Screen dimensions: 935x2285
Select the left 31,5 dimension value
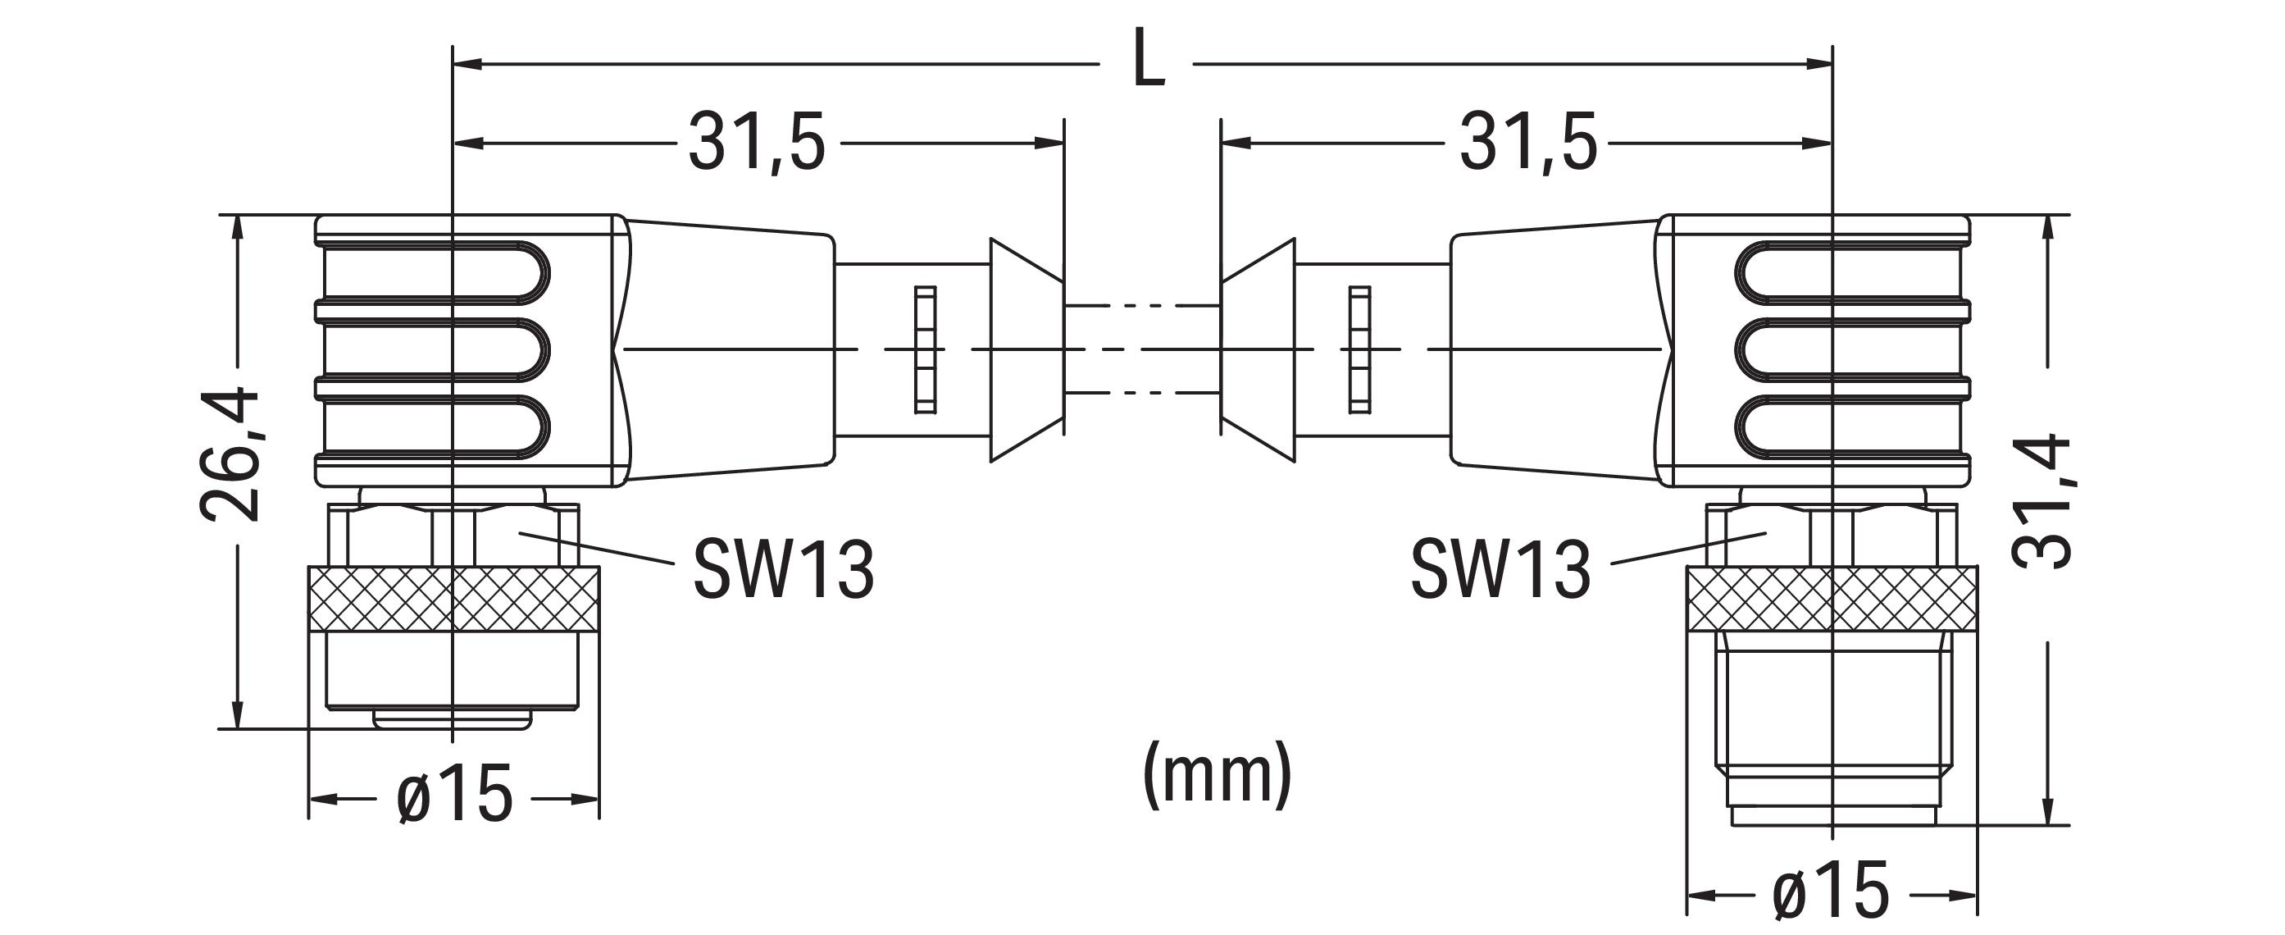pos(756,142)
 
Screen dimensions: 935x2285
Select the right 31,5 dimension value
pos(1527,142)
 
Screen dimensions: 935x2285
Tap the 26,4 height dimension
pos(229,454)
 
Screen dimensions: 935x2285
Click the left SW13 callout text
pos(782,568)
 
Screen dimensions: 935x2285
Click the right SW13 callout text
pos(1501,568)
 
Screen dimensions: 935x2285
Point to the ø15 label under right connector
pos(1831,891)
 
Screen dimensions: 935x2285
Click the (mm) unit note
pos(1217,773)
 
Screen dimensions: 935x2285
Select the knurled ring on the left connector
pos(453,599)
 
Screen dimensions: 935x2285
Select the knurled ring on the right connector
pos(1832,599)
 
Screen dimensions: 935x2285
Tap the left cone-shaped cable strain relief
pos(1026,349)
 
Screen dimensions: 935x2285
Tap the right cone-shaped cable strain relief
pos(1258,349)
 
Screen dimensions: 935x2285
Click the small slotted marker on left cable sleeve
pos(925,349)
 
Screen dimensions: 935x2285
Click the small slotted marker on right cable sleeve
pos(1359,349)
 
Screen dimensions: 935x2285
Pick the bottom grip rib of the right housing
pos(1850,428)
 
